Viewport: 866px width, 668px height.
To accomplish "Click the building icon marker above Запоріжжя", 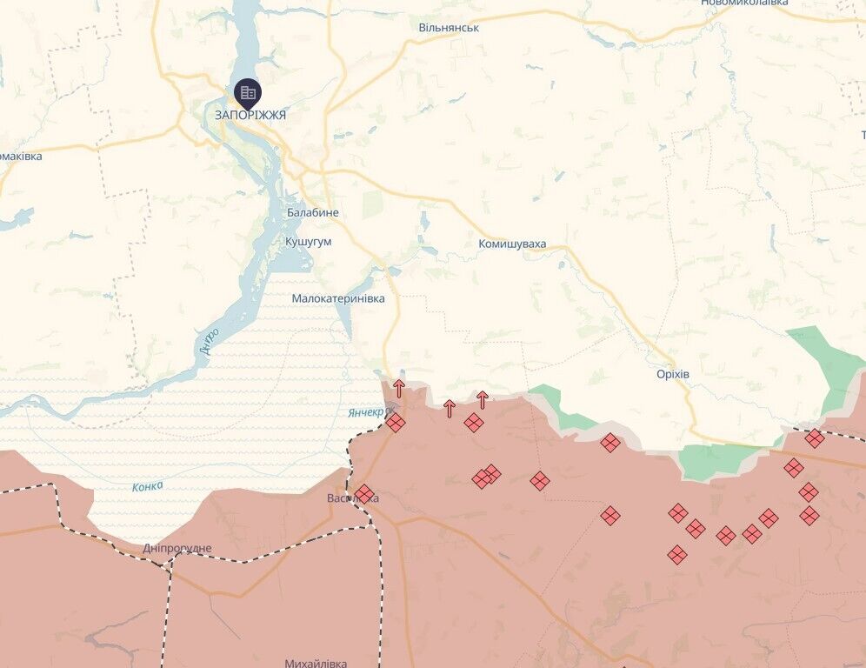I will [x=248, y=92].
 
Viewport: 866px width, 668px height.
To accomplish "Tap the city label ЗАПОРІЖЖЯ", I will [x=250, y=114].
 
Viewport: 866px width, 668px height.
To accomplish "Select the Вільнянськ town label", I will [x=449, y=28].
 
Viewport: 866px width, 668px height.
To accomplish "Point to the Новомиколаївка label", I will [x=744, y=3].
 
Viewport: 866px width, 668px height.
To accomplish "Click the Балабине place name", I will [x=313, y=213].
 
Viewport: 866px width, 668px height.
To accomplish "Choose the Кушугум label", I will [x=308, y=242].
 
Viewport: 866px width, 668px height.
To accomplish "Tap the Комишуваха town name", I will [x=512, y=244].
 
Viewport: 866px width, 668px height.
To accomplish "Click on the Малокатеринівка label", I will [x=338, y=298].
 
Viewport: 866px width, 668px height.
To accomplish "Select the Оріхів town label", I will [x=673, y=374].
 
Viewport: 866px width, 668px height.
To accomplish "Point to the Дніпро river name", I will [x=209, y=338].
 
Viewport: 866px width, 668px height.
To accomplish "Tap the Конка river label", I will [x=147, y=486].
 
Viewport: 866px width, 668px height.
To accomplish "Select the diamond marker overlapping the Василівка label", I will [x=364, y=495].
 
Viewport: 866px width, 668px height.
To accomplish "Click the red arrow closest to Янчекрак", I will [x=399, y=389].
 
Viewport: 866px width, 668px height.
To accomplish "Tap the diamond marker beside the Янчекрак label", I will [x=396, y=424].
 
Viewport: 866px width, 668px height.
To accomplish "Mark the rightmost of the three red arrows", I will [x=483, y=400].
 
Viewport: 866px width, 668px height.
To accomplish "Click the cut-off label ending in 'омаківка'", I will [x=20, y=157].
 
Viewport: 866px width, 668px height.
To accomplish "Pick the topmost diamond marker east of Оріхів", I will [x=815, y=438].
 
